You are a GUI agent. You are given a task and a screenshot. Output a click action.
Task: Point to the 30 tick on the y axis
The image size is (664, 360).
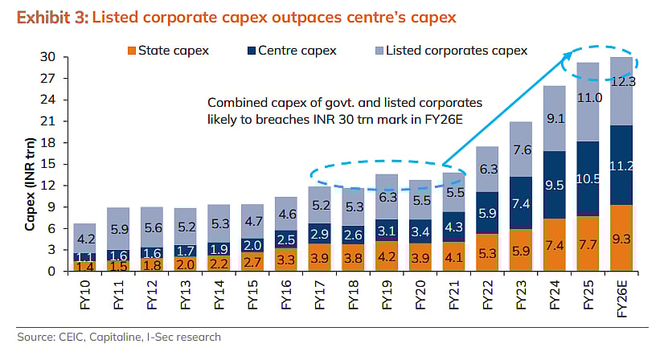(48, 57)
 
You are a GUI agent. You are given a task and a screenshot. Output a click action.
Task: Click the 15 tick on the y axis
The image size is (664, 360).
(48, 164)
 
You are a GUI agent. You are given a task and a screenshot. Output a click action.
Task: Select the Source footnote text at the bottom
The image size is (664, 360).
(119, 337)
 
